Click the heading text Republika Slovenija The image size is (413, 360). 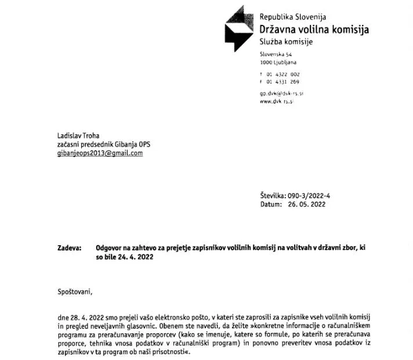293,17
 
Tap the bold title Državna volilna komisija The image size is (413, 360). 314,30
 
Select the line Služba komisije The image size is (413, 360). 286,42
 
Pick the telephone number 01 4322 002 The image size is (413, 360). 283,74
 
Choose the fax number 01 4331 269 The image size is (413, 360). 283,82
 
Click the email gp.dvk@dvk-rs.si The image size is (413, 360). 282,93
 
